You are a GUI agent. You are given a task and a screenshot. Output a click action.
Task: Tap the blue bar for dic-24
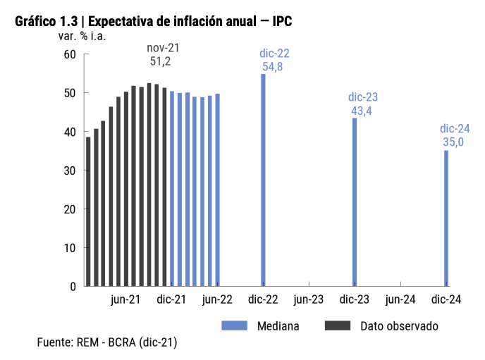[446, 218]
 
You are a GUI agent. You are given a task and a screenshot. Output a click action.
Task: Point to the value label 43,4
[363, 111]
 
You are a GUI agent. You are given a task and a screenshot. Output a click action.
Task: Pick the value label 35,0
[453, 142]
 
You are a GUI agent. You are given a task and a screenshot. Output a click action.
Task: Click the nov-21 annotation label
[164, 48]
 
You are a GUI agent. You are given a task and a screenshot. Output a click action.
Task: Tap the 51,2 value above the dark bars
[161, 61]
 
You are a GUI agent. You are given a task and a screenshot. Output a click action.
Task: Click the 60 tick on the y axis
[69, 54]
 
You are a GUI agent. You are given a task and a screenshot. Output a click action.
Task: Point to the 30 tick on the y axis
[69, 170]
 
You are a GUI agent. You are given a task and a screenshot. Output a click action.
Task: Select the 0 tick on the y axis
[73, 287]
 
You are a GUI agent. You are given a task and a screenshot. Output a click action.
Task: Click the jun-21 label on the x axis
[126, 299]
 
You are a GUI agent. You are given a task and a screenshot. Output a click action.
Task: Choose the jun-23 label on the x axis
[309, 299]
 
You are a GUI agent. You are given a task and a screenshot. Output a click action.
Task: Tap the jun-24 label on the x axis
[400, 299]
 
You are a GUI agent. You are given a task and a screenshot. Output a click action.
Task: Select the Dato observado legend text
[399, 325]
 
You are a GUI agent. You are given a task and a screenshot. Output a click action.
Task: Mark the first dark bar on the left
[88, 211]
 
